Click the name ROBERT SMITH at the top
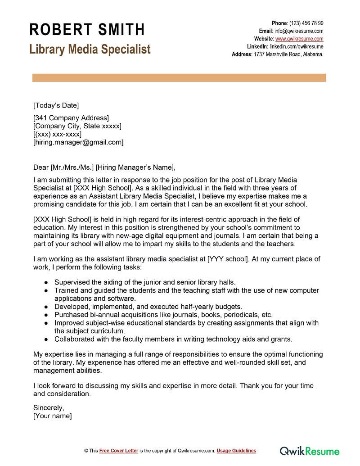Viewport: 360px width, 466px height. coord(87,30)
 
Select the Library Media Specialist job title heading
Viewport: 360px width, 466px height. coord(90,49)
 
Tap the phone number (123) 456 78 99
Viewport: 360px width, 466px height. coord(306,23)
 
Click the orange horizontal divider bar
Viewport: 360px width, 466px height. coord(179,78)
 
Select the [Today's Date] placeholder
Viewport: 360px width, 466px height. coord(56,106)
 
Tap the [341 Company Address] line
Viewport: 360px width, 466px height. coord(71,118)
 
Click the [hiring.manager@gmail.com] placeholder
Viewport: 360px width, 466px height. coord(78,142)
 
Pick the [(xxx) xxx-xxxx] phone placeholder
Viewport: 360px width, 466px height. coord(57,134)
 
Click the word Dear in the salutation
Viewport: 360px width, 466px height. coord(41,167)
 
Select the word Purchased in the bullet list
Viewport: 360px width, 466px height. coord(71,315)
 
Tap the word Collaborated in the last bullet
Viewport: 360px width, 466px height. coord(75,339)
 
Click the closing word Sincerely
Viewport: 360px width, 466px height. coord(49,408)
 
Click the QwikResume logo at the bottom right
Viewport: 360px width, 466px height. coord(310,451)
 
